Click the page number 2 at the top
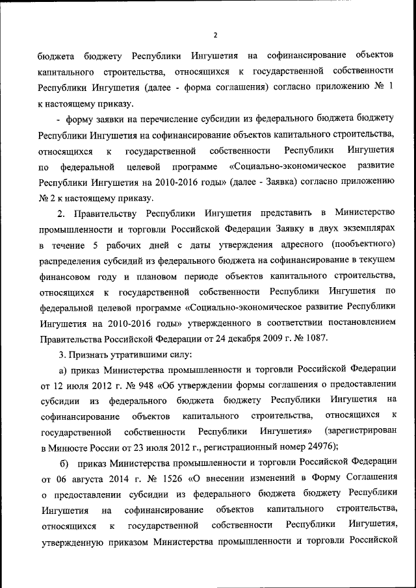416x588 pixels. (215, 34)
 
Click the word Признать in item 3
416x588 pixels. (88, 354)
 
